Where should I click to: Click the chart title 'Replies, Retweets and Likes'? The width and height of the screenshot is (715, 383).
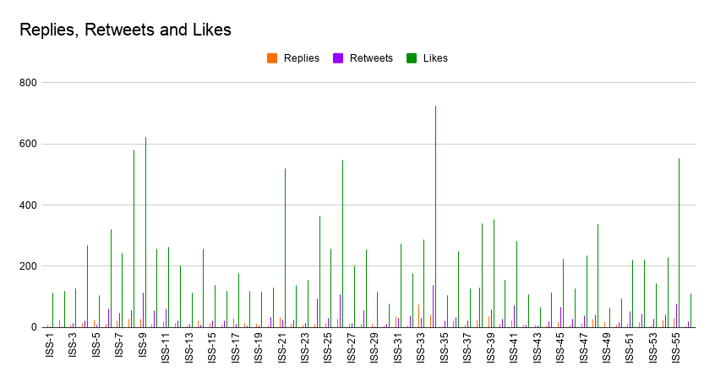126,30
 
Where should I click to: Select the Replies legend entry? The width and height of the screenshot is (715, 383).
293,58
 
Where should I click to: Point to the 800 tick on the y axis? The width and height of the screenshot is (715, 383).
30,83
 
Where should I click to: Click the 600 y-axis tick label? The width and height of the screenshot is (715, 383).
30,144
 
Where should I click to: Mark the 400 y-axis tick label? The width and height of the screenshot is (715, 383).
30,205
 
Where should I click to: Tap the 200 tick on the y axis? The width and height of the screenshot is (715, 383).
30,266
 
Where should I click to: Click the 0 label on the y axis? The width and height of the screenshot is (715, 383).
35,327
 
